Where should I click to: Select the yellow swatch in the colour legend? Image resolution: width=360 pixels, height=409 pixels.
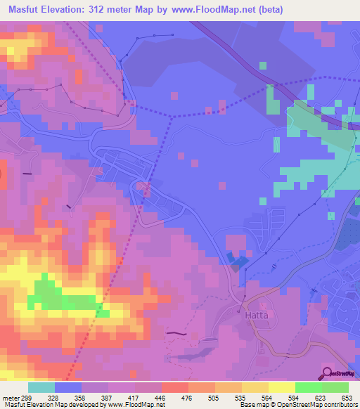(x=281, y=387)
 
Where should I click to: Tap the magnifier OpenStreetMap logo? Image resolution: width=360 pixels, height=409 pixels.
(x=326, y=373)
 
